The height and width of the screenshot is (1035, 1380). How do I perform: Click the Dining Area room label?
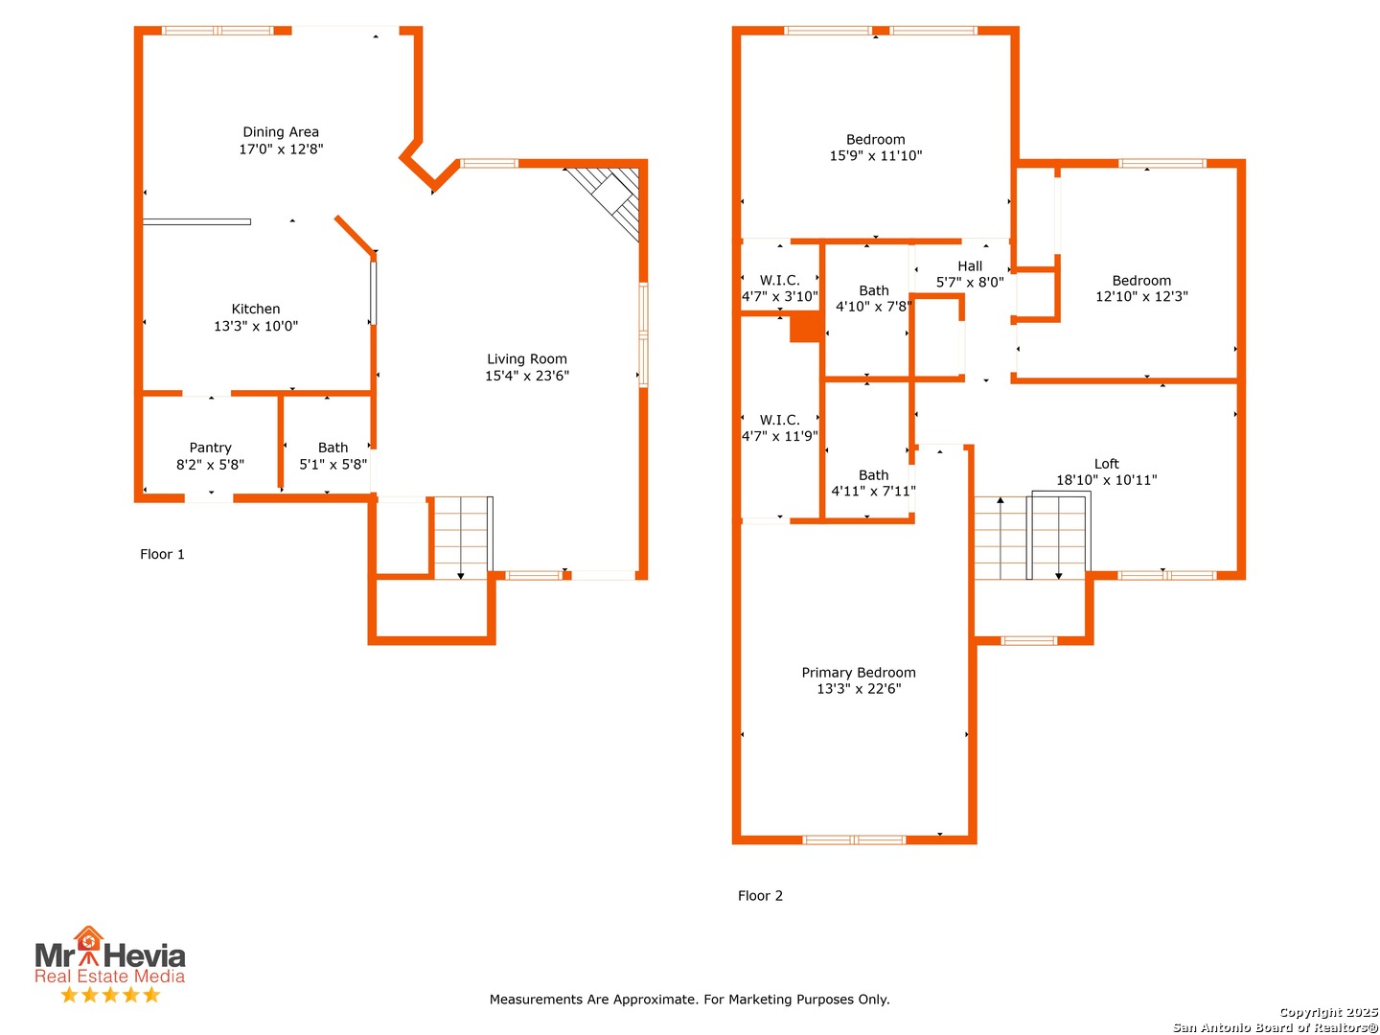[281, 132]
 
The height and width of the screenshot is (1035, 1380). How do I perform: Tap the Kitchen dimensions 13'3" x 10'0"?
[256, 326]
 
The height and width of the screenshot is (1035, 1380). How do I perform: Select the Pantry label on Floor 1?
[210, 448]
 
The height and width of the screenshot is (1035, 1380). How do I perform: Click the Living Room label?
[527, 358]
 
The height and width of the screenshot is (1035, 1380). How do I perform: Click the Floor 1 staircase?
[463, 538]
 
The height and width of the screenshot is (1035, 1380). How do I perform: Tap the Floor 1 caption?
[162, 554]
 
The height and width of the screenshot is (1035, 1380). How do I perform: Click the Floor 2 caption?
[760, 895]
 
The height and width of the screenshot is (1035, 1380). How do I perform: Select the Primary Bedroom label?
[858, 673]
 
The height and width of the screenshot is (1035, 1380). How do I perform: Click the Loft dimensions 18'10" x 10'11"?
[1106, 480]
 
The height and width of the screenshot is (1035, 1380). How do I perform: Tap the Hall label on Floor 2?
[970, 266]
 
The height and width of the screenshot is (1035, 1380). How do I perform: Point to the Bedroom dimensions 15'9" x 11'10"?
[875, 156]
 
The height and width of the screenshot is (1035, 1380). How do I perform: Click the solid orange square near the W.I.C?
[804, 328]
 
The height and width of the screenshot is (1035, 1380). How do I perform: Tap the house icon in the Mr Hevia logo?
[88, 938]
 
